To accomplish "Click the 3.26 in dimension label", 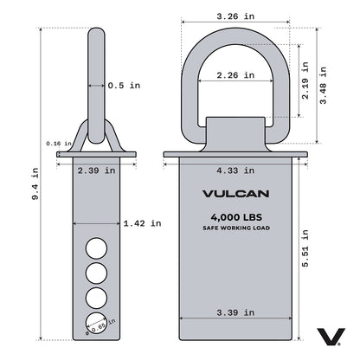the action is (235, 16).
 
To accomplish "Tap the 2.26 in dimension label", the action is (235, 75).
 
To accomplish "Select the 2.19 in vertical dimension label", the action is (305, 80).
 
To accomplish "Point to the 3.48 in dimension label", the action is (323, 85).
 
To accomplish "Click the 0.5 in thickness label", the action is (124, 86).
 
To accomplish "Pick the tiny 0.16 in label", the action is (59, 144).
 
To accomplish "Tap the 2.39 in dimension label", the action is (96, 170).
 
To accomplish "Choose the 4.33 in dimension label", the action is (235, 170).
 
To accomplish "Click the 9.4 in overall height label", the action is (35, 184).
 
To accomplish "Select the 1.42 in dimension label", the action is (142, 223).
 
